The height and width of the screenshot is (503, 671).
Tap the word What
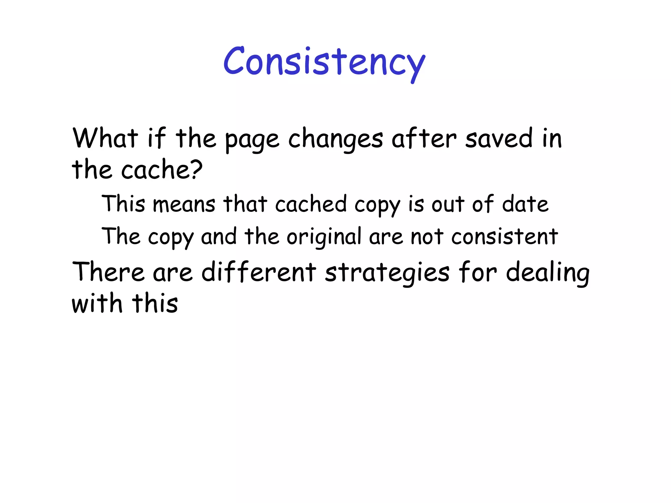pos(105,138)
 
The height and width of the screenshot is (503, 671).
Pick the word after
pos(424,138)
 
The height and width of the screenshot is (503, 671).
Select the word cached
pos(311,204)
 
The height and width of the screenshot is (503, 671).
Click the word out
pos(448,204)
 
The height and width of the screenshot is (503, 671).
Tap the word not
pos(427,236)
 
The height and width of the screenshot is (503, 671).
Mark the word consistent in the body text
pos(505,236)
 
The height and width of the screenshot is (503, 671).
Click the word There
pos(108,272)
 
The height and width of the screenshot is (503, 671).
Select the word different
pos(259,272)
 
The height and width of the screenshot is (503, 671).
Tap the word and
pos(219,236)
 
